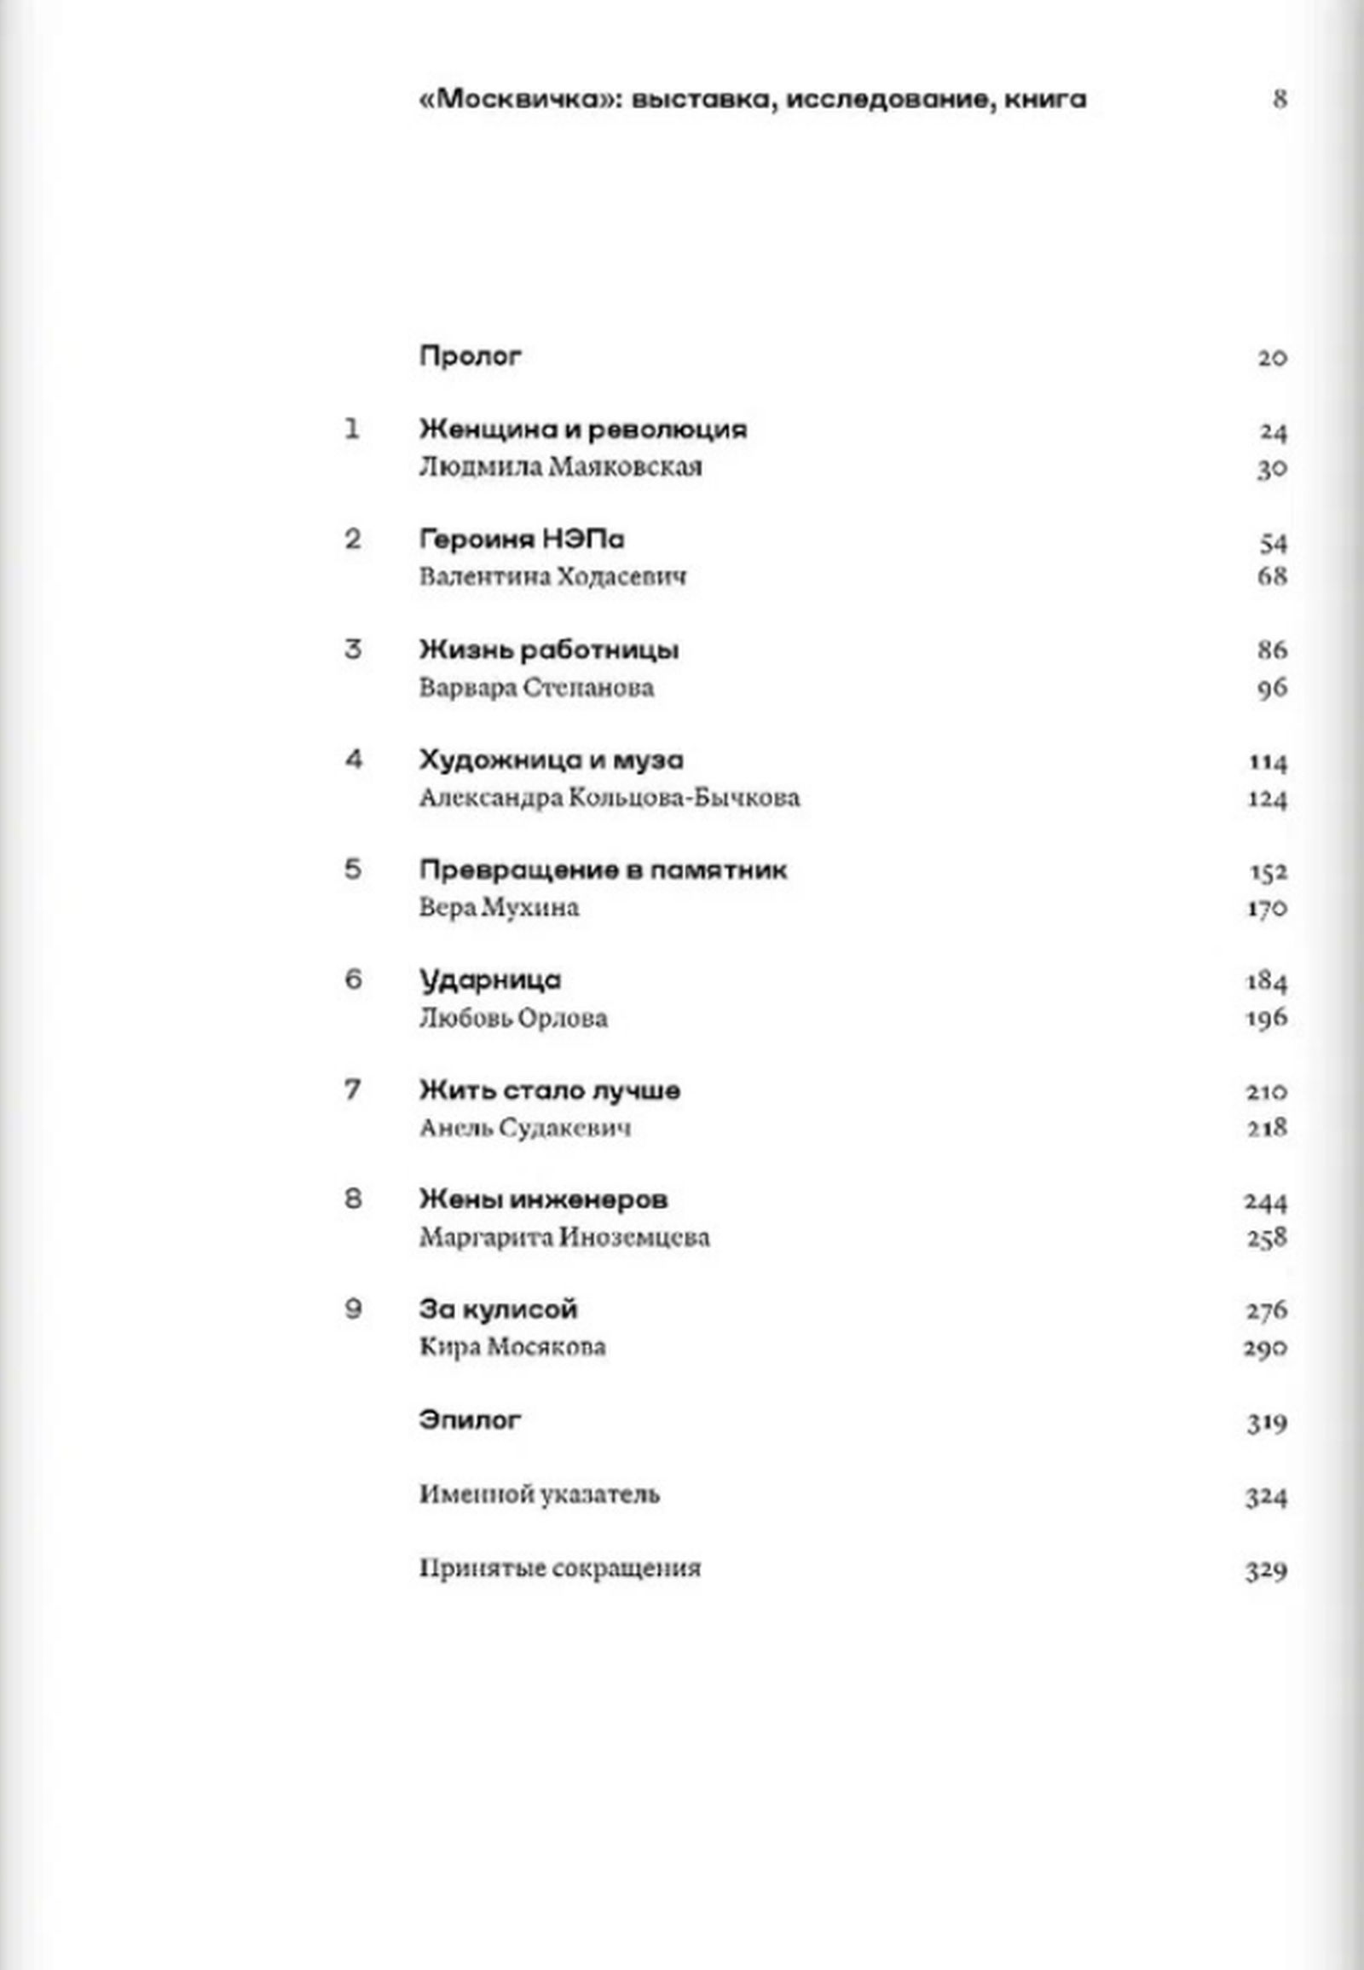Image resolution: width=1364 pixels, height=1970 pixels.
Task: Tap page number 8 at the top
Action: click(x=1279, y=99)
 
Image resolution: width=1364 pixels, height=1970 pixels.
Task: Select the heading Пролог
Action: click(x=470, y=355)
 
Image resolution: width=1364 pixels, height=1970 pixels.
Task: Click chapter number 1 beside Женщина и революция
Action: click(x=352, y=429)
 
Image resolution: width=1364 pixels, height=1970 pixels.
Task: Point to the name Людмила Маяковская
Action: click(x=561, y=467)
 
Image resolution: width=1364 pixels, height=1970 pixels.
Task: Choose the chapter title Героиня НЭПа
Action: click(x=522, y=540)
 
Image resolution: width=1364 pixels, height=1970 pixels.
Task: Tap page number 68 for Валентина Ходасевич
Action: click(x=1272, y=577)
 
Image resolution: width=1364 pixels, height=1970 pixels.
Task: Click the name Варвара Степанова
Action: click(x=536, y=688)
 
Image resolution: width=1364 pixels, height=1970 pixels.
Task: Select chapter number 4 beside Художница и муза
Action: click(x=354, y=759)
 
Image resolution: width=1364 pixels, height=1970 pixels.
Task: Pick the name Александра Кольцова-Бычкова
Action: click(x=610, y=798)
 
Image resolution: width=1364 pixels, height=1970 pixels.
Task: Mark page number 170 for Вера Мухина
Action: click(x=1267, y=908)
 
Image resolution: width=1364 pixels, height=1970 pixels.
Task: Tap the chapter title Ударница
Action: click(x=489, y=980)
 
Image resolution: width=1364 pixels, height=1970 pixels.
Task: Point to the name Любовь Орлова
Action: click(x=513, y=1019)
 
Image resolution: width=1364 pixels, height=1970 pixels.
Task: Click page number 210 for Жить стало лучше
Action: click(x=1267, y=1091)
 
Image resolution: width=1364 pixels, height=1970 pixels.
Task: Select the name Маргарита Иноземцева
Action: click(x=564, y=1239)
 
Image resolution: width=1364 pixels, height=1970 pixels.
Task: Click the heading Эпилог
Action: click(x=469, y=1420)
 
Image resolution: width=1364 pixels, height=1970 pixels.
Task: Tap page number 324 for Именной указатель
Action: click(x=1266, y=1497)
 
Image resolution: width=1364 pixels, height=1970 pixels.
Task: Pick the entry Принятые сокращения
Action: click(x=560, y=1569)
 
